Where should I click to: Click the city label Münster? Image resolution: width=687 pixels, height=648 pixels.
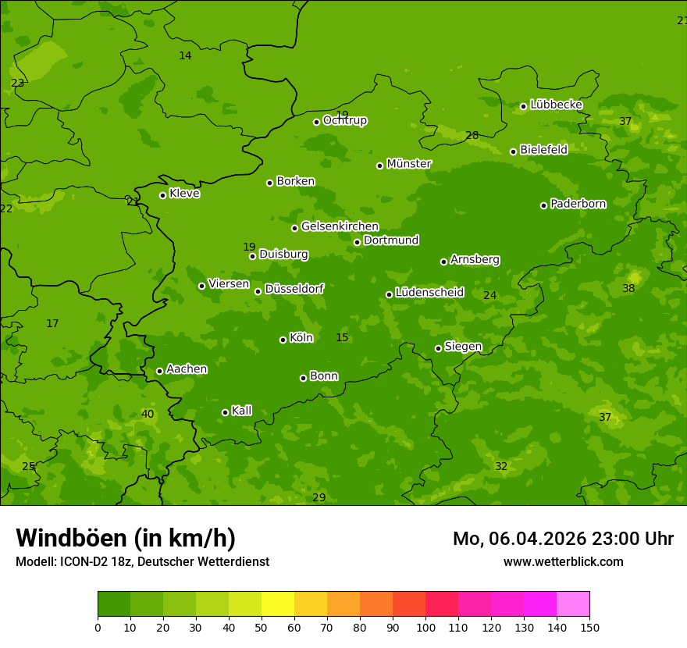408,164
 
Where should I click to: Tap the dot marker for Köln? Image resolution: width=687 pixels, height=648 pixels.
283,340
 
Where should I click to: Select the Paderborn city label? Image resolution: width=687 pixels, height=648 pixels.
578,204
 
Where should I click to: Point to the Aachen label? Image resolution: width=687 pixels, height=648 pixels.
187,369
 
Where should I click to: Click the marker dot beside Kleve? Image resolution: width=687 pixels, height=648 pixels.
162,195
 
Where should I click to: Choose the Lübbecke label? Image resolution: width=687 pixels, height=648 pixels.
556,105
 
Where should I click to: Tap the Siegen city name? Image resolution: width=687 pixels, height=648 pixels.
463,347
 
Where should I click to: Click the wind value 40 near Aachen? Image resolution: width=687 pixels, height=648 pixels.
148,415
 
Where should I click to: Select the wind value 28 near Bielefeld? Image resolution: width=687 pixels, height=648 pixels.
472,136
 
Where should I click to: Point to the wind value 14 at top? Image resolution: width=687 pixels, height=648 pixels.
185,56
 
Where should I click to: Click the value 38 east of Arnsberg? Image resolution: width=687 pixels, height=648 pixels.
628,289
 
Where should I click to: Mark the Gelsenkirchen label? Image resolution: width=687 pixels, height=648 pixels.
340,226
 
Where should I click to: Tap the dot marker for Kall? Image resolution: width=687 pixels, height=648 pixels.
225,412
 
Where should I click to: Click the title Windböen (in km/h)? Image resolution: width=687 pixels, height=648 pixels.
126,538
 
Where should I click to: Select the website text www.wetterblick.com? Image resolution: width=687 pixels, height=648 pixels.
563,562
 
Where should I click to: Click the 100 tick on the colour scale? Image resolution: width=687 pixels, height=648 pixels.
425,627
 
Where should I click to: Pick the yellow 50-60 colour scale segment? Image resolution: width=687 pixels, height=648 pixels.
278,604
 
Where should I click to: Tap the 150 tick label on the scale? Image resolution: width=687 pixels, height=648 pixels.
589,627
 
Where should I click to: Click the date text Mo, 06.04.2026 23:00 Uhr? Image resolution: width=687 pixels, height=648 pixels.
563,539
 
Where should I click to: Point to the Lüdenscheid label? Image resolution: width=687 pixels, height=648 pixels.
429,293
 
